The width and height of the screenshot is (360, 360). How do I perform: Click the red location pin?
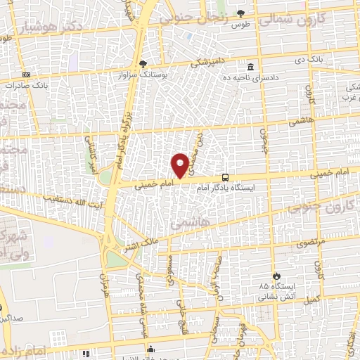180,165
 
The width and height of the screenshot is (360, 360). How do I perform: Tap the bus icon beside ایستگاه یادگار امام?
226,177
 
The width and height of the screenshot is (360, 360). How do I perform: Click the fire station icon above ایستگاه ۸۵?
276,276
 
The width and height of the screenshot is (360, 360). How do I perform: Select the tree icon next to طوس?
240,13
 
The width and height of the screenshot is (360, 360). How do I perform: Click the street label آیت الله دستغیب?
67,200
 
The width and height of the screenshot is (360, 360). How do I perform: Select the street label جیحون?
266,144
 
